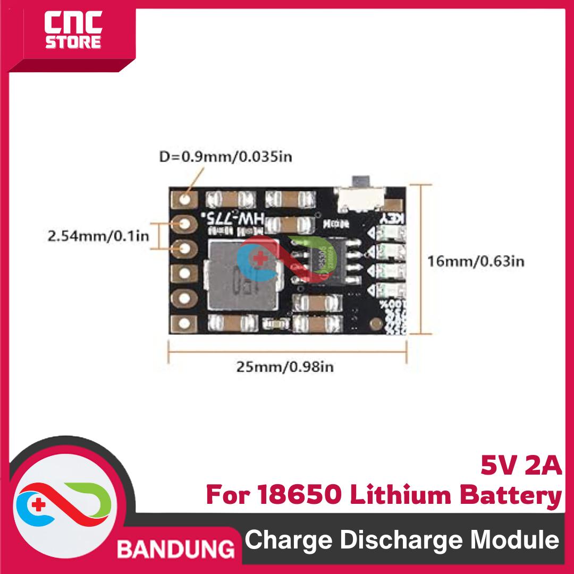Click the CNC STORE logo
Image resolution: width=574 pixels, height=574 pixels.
pyautogui.click(x=72, y=32)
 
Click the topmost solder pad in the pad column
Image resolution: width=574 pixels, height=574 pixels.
pyautogui.click(x=185, y=199)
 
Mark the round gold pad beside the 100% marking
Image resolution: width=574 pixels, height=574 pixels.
pyautogui.click(x=376, y=323)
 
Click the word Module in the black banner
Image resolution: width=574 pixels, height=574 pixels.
pyautogui.click(x=516, y=541)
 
